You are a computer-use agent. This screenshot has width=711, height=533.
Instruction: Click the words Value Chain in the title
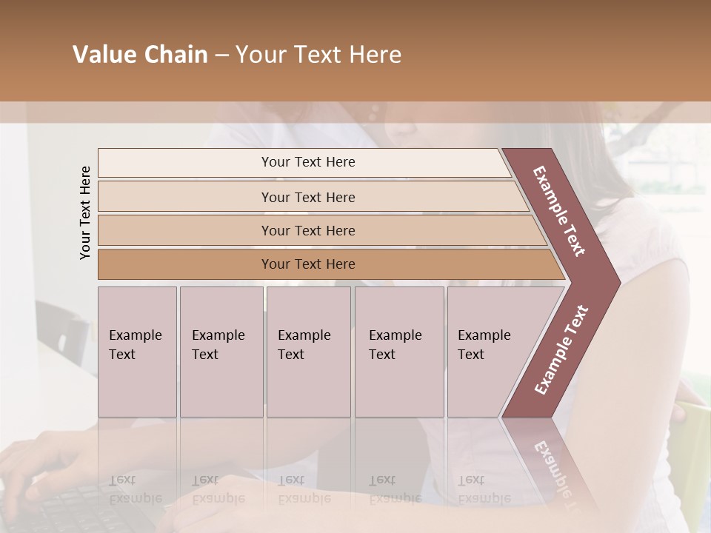140,55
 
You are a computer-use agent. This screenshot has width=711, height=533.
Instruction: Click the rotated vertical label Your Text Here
85,212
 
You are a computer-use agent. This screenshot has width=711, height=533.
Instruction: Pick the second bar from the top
307,197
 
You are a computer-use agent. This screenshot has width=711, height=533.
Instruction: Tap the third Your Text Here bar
307,230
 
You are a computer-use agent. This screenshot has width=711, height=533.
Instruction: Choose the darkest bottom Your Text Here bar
307,264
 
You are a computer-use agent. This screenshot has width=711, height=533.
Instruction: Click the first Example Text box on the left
137,352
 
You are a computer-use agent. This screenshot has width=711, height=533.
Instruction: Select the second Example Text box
221,352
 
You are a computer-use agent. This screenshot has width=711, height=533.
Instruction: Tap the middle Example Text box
308,352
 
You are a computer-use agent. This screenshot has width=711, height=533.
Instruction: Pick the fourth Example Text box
398,352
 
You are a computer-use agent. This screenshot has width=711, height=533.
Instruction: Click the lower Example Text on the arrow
561,349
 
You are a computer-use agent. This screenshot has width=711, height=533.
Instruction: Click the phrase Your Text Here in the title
318,55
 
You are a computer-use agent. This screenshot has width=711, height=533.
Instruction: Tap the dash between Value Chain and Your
221,56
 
